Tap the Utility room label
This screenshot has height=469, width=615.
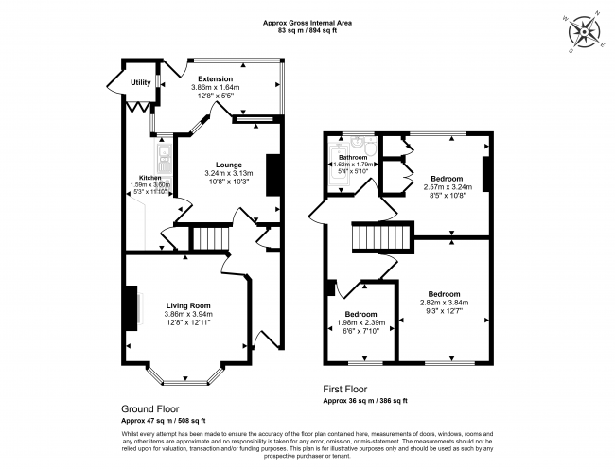(141, 83)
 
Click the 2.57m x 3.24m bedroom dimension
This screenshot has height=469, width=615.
(447, 187)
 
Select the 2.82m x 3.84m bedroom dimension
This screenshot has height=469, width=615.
(444, 304)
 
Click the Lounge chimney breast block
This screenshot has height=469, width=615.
(272, 176)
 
